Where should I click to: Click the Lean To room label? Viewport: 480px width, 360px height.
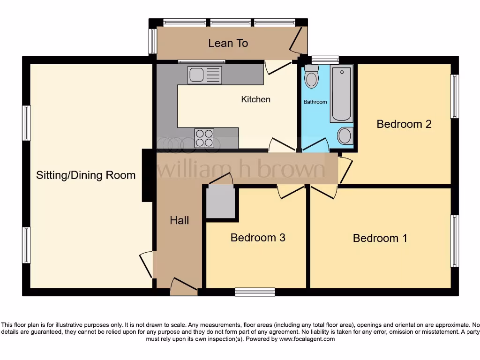point(228,43)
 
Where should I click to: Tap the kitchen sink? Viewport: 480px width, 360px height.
point(204,75)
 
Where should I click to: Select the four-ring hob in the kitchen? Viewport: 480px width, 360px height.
point(204,138)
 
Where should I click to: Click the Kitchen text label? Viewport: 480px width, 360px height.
point(255,99)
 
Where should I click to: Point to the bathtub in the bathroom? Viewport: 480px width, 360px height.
point(342,94)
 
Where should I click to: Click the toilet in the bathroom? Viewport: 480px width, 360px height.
point(311,77)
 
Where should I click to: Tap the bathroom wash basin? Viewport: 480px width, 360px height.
point(345,136)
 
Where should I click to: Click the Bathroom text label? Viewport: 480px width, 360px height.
point(315,102)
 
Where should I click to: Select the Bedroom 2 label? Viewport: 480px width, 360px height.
point(404,124)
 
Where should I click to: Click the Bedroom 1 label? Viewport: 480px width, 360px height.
point(380,238)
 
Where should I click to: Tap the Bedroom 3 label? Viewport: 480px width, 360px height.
point(258,238)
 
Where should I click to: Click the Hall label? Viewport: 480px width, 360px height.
point(179,220)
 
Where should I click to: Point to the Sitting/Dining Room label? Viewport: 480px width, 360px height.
point(86,175)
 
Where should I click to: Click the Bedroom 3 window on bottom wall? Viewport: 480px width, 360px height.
point(255,292)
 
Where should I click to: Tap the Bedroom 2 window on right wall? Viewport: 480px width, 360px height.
point(454,97)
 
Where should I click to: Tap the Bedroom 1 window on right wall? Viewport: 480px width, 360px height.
point(454,241)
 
